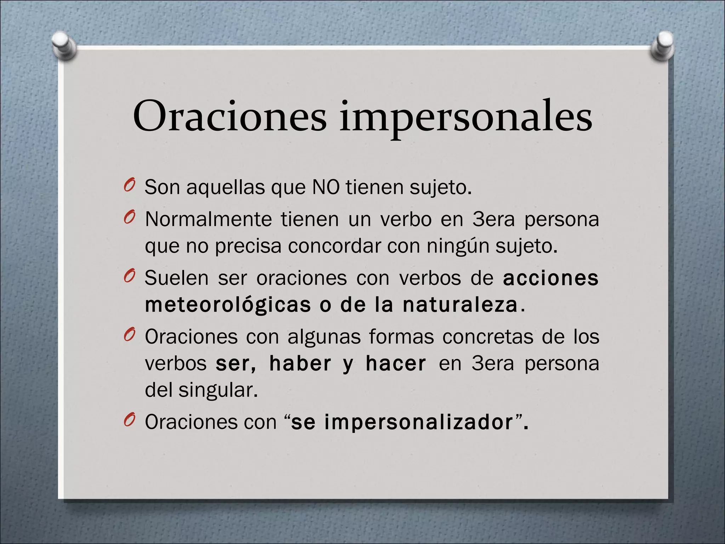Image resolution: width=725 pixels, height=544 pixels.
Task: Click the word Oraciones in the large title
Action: click(229, 116)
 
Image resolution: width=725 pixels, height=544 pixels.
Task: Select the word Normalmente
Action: click(208, 219)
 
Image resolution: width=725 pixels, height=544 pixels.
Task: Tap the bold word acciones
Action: click(550, 278)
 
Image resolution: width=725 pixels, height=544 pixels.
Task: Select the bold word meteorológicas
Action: click(228, 305)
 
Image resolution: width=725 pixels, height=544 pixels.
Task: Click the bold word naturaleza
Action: click(460, 305)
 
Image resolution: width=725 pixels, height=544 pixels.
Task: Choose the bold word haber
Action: click(300, 363)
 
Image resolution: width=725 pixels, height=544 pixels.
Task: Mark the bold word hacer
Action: click(396, 363)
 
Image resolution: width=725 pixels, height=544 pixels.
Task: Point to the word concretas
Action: click(487, 336)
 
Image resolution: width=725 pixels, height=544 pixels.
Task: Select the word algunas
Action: click(324, 337)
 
